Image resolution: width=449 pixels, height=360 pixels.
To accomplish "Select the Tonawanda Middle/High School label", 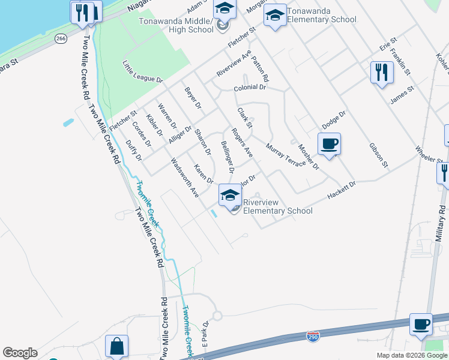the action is (x=176, y=25).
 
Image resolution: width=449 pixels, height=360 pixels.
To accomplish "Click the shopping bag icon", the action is (x=116, y=346).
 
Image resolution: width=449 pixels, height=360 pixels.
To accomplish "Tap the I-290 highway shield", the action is (x=313, y=337).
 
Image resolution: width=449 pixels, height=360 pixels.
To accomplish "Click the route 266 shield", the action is (x=60, y=38).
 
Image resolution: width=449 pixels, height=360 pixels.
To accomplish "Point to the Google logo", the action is (x=20, y=353).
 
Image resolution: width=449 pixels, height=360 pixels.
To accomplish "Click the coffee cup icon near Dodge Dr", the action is (x=329, y=145).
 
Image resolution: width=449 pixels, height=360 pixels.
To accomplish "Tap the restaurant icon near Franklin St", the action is (x=382, y=73).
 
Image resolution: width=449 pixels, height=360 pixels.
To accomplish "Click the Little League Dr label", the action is (x=143, y=71).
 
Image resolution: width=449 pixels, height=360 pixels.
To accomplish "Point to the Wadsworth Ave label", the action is (x=184, y=178).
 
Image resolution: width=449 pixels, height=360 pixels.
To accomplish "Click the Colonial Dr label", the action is (x=250, y=87).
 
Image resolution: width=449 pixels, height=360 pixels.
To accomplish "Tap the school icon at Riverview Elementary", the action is (x=230, y=195).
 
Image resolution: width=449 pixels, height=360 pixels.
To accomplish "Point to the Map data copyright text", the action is (x=412, y=355).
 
